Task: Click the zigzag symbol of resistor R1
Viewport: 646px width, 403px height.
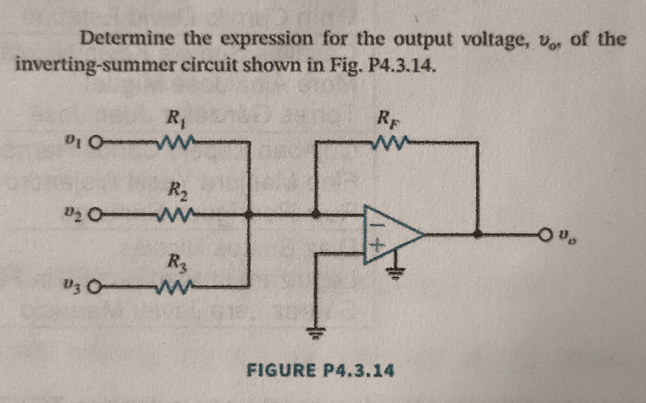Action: pyautogui.click(x=175, y=142)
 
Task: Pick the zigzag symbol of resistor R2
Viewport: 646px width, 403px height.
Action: pyautogui.click(x=175, y=215)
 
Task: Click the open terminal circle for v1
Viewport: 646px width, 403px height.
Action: pyautogui.click(x=96, y=143)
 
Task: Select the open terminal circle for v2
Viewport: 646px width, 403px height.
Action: pyautogui.click(x=96, y=215)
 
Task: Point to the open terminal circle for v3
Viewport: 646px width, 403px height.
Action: pyautogui.click(x=96, y=288)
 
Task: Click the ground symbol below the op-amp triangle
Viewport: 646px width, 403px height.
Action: pyautogui.click(x=396, y=274)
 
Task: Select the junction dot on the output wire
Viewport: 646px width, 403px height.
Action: pyautogui.click(x=478, y=235)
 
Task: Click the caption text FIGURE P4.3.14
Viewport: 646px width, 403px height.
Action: pyautogui.click(x=320, y=371)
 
